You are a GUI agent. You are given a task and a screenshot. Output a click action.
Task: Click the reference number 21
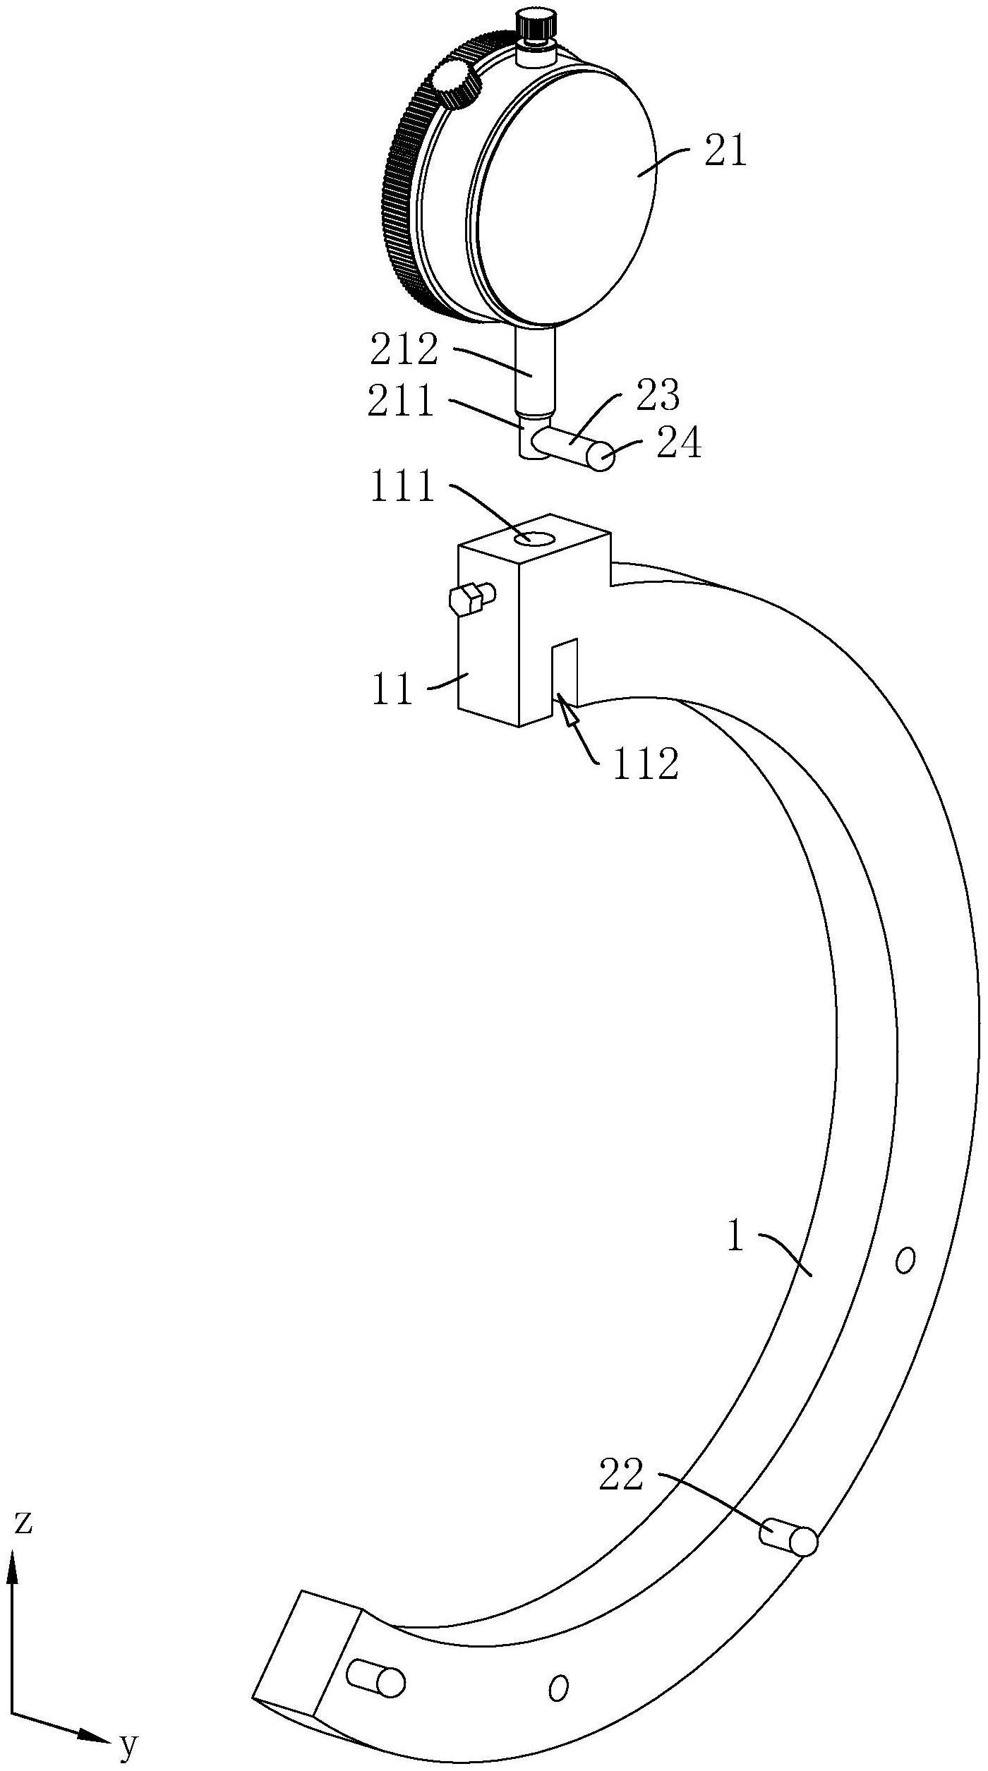point(725,152)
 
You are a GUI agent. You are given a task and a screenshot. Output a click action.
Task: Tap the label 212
point(404,351)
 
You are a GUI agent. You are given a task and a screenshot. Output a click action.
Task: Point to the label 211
point(400,401)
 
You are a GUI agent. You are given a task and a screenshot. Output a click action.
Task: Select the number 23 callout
point(658,396)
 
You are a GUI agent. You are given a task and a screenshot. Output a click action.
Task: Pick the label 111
point(402,487)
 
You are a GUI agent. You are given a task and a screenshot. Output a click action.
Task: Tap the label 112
point(645,763)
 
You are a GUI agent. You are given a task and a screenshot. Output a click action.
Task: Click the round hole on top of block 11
point(534,539)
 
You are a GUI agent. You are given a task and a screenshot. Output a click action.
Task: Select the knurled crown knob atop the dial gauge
point(536,27)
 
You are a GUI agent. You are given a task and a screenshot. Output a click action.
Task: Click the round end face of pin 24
point(601,457)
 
